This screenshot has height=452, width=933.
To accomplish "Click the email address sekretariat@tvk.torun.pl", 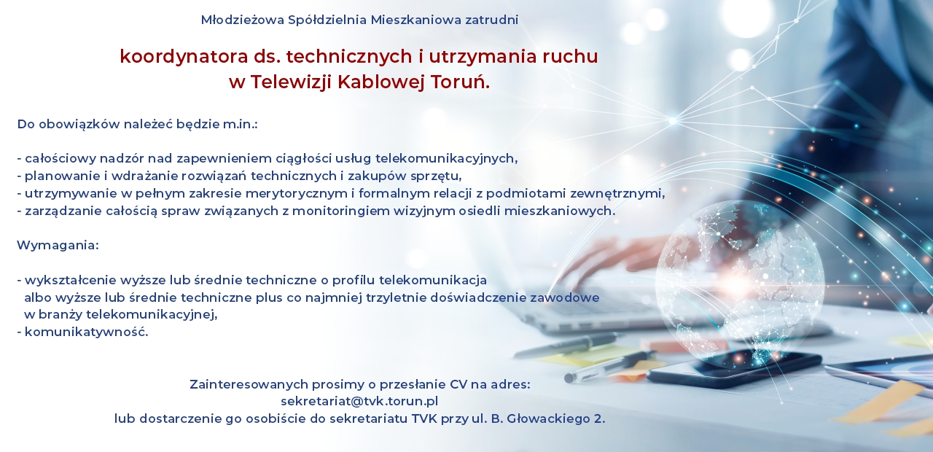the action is pyautogui.click(x=359, y=402).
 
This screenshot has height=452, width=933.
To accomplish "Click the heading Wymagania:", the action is pyautogui.click(x=58, y=246).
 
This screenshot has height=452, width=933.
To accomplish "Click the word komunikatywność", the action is pyautogui.click(x=86, y=332).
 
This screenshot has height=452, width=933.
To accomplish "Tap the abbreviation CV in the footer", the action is pyautogui.click(x=458, y=384).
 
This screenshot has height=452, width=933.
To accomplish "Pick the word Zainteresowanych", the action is pyautogui.click(x=249, y=384).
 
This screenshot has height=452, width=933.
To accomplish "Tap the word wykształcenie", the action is pyautogui.click(x=71, y=281).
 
